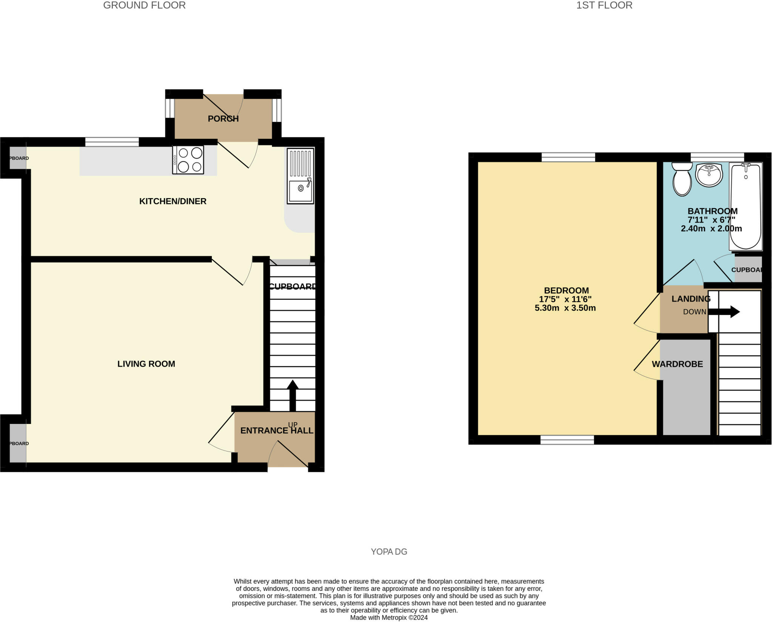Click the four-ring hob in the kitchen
[188, 160]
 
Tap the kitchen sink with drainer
[300, 176]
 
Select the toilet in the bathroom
[682, 179]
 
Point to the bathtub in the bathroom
[745, 207]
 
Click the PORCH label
[223, 119]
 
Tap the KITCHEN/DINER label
[173, 201]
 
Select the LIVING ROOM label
[146, 364]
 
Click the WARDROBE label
[677, 364]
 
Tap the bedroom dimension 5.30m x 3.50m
[565, 308]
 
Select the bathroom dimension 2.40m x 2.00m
[711, 229]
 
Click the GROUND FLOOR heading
[144, 5]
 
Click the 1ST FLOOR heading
[604, 5]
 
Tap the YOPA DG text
[389, 552]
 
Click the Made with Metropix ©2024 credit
[389, 617]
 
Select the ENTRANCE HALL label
[277, 431]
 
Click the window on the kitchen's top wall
[112, 142]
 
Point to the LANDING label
[691, 299]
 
